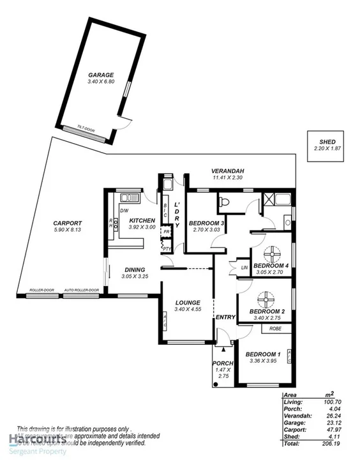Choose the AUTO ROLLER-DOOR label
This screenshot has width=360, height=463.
(82, 291)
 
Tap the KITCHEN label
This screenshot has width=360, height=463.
(142, 220)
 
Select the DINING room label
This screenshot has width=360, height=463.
(135, 269)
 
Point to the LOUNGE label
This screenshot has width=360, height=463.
(188, 302)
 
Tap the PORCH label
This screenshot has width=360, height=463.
(223, 363)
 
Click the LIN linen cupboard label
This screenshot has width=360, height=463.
(244, 267)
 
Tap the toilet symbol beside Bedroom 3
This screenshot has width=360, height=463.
(223, 202)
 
